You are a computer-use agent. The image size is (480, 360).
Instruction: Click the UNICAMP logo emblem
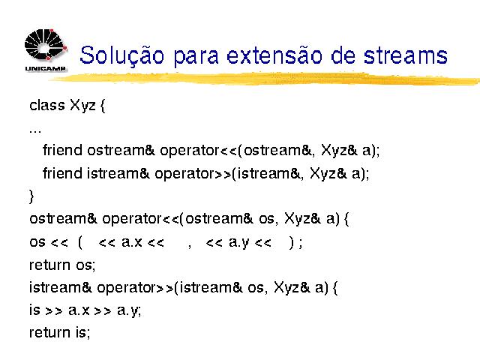coord(46,44)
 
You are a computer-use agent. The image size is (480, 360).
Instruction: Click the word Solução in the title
coord(121,55)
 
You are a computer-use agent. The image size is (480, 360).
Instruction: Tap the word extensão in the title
coord(274,55)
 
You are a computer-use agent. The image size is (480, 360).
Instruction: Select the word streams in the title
coord(406,55)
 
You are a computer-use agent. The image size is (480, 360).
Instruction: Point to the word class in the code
coord(47,105)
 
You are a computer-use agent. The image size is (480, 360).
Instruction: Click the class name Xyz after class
coord(82,106)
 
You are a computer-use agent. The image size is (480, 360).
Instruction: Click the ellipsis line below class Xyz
coord(35,132)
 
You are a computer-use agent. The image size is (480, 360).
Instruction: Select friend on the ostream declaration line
coord(63,150)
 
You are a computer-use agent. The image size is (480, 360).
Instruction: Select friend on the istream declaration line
coord(63,173)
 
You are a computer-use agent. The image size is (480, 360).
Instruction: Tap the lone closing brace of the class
coord(31,196)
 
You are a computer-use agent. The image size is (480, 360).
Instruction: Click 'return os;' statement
coord(62,265)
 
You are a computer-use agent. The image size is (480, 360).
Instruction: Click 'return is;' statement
coord(60,332)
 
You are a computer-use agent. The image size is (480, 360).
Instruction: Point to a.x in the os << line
coord(132,242)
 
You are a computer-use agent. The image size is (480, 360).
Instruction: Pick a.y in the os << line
coord(238,243)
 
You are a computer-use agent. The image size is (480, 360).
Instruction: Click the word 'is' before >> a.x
coord(34,310)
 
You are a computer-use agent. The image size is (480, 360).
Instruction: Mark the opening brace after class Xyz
coord(103,106)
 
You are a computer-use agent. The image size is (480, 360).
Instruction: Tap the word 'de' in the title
coord(343,55)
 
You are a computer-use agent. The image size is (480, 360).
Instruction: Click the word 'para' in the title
coord(196,57)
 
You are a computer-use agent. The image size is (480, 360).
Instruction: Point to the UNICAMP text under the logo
coord(45,68)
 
